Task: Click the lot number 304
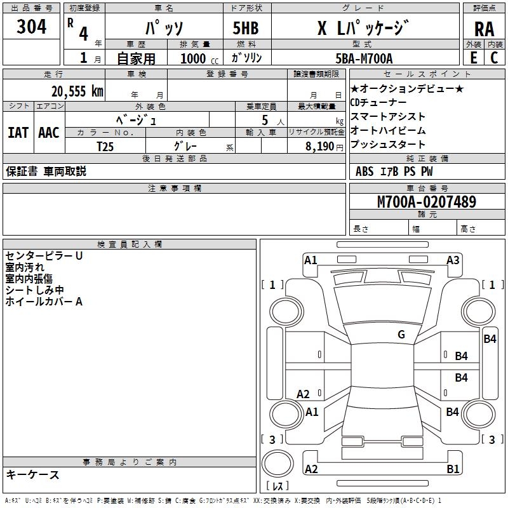[32, 27]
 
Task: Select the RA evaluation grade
[483, 29]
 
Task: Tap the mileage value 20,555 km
[77, 91]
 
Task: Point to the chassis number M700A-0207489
[427, 202]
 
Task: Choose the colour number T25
[105, 145]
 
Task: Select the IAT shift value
[18, 132]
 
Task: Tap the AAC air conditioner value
[48, 132]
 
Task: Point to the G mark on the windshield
[401, 335]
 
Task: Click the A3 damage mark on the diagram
[453, 260]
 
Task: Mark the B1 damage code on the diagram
[453, 469]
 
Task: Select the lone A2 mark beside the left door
[304, 394]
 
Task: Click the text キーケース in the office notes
[32, 474]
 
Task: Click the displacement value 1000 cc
[197, 58]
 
